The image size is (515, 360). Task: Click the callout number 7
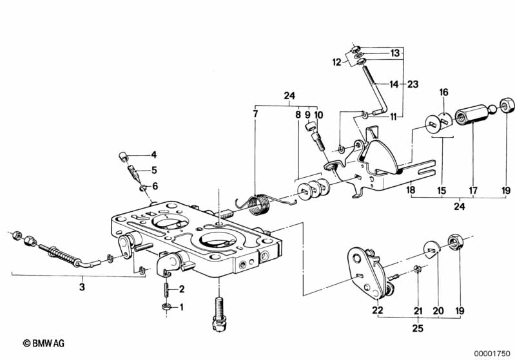pos(255,114)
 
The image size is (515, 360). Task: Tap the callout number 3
pos(82,287)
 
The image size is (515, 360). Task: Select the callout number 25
pos(418,328)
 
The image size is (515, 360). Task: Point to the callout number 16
pos(443,92)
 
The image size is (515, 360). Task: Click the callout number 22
pos(377,310)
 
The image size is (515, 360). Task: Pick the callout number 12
pos(336,62)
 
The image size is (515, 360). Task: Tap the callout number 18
pos(411,190)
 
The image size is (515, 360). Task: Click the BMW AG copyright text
pos(44,343)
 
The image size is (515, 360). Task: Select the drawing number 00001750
pos(492,354)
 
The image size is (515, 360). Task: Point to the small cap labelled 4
pos(123,156)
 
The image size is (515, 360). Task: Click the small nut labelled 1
pos(166,307)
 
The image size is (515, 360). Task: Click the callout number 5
pos(153,170)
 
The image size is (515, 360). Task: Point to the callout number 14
pos(393,84)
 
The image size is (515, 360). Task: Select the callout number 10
pos(318,115)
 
